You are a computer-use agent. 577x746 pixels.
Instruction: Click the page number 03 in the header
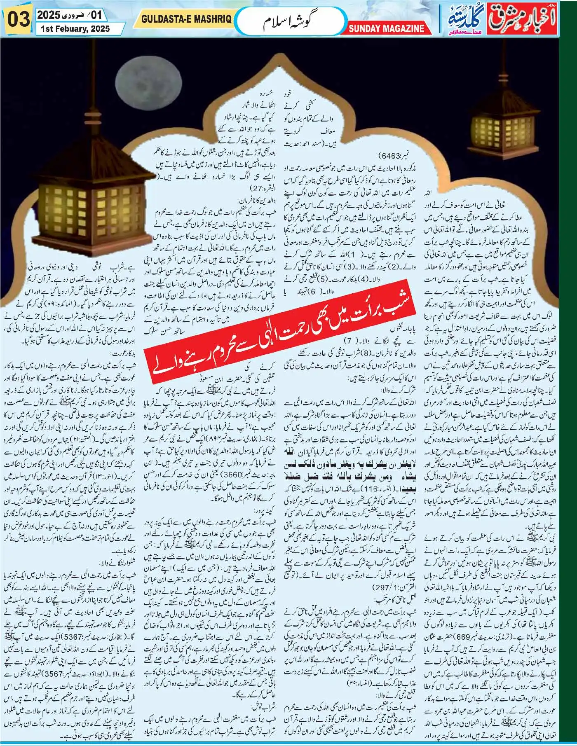click(17, 19)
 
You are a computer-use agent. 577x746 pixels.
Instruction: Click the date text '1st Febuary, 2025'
click(73, 28)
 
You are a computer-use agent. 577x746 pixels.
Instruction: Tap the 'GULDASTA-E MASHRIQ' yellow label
click(188, 19)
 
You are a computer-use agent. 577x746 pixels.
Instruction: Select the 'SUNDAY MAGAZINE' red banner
click(386, 28)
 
